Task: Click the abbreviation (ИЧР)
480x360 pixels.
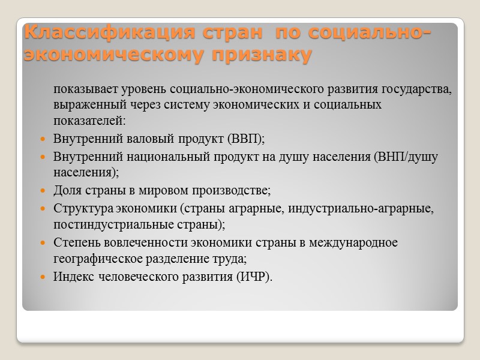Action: click(253, 277)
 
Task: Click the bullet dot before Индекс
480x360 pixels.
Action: click(42, 277)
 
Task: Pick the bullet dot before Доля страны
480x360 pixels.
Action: click(42, 191)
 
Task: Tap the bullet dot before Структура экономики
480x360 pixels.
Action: click(42, 209)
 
